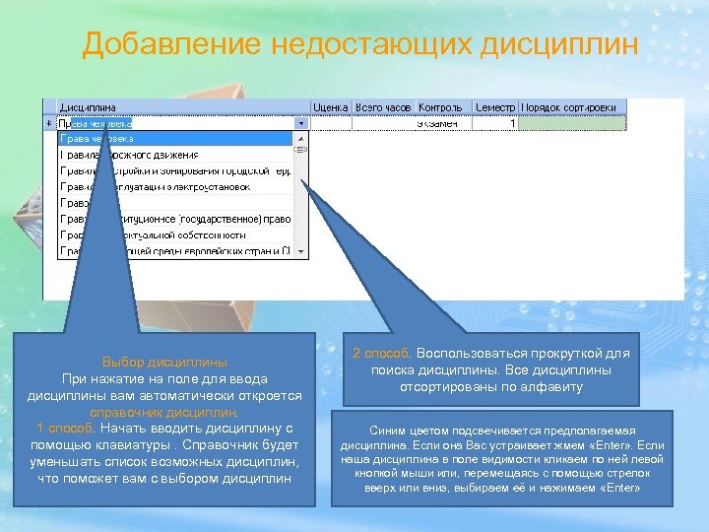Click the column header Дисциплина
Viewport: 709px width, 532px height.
coord(89,107)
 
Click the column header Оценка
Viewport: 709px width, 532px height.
coord(331,107)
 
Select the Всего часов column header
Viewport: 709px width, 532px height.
coord(383,107)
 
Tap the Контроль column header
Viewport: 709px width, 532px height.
coord(441,107)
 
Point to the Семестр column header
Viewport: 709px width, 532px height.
coord(495,107)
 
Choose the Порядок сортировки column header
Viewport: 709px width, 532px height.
coord(569,107)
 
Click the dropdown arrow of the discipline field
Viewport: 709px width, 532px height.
coord(301,124)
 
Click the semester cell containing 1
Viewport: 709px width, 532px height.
coord(495,124)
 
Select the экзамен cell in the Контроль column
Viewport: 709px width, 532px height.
coord(441,124)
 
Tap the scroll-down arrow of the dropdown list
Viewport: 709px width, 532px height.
coord(301,253)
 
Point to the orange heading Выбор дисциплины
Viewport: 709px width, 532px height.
coord(164,362)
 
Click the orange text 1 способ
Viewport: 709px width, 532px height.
coord(66,429)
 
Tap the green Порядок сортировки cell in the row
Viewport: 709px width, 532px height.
coord(571,124)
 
